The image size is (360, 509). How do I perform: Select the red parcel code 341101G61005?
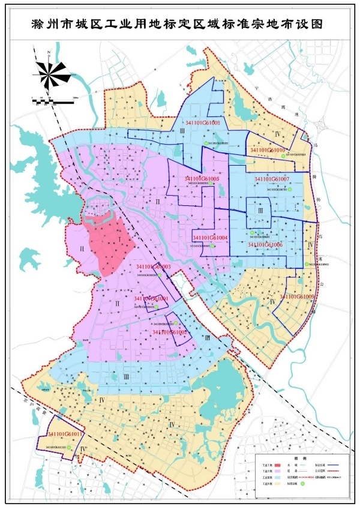(x=202, y=179)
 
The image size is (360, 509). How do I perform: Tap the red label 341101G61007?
(x=272, y=179)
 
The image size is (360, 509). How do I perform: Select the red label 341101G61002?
(x=169, y=331)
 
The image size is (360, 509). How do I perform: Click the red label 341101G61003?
(x=154, y=267)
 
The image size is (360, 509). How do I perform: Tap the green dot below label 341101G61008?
(x=205, y=143)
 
